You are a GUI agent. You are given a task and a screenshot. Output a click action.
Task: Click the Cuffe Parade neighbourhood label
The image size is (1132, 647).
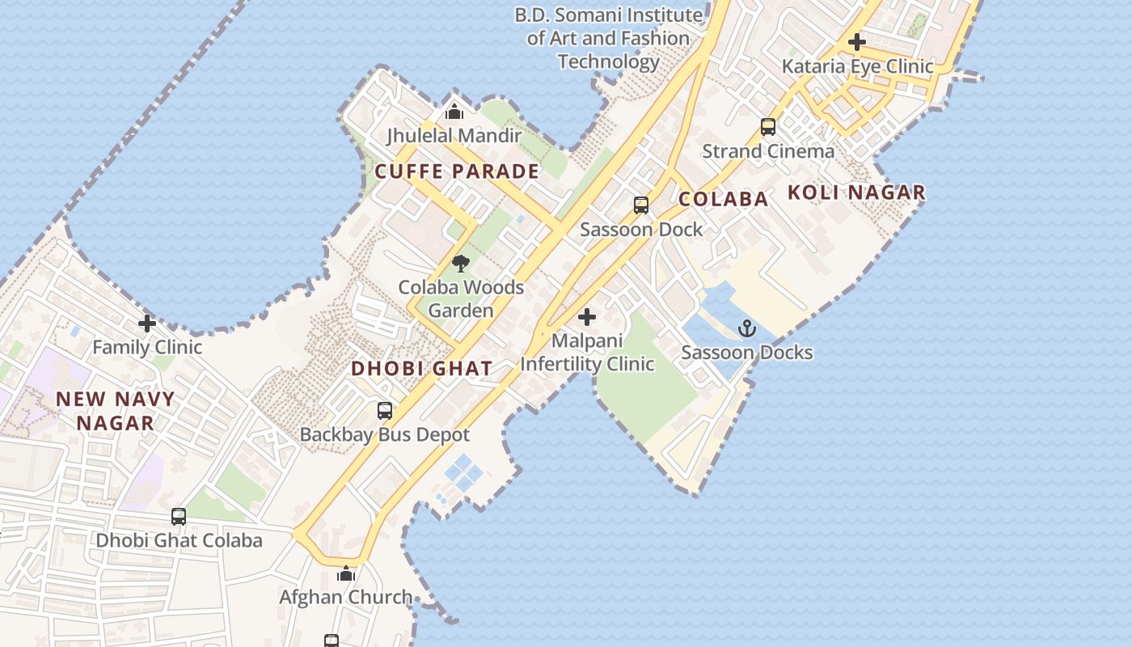[x=457, y=171]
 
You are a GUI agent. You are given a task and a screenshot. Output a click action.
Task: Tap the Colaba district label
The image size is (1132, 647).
[x=723, y=199]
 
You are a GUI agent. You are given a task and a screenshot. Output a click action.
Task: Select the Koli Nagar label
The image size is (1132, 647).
[x=856, y=192]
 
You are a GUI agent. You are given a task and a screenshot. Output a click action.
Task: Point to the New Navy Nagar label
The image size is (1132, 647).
[x=115, y=411]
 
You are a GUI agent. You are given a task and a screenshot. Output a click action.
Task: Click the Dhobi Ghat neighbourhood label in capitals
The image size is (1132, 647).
[x=421, y=369]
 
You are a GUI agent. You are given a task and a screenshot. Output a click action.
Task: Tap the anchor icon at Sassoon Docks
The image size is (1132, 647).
[x=747, y=328]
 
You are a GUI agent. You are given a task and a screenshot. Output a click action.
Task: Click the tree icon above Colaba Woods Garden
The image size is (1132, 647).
[x=461, y=263]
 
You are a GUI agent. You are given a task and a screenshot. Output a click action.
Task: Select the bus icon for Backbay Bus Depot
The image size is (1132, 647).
[x=385, y=410]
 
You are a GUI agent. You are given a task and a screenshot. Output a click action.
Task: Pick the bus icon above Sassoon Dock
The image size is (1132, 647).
[x=641, y=205]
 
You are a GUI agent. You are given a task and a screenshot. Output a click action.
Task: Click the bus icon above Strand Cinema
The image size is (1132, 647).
[x=768, y=127]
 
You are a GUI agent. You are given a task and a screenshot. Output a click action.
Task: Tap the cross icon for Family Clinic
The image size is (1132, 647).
[x=147, y=323]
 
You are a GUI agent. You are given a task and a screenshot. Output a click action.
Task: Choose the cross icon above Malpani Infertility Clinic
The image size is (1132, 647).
[x=587, y=317]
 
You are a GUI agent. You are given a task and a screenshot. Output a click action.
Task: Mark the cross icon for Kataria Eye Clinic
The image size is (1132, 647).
[x=857, y=42]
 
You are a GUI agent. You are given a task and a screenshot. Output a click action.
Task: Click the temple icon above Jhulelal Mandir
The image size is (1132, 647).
[x=454, y=112]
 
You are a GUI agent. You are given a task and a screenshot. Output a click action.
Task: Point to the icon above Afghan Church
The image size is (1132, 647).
[x=346, y=574]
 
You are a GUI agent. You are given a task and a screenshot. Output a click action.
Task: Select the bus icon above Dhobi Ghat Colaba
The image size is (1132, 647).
[x=179, y=516]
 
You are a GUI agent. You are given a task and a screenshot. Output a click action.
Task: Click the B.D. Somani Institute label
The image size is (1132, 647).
[x=609, y=38]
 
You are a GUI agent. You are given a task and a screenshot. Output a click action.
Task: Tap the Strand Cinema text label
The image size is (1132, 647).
[x=768, y=151]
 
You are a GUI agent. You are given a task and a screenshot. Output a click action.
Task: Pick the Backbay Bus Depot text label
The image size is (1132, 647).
[x=385, y=434]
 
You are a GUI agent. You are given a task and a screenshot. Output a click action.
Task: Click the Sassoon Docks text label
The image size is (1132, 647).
[x=747, y=353]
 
